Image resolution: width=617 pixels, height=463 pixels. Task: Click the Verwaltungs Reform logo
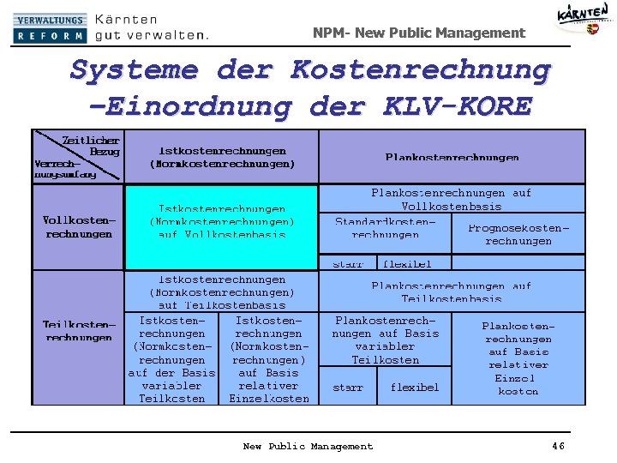pos(50,28)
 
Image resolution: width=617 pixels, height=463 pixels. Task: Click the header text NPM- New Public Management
pos(418,33)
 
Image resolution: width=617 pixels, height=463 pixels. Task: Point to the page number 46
pos(559,446)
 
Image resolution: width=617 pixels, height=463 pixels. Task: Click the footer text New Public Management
pos(308,446)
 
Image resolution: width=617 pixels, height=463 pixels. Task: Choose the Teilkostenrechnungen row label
pos(79,331)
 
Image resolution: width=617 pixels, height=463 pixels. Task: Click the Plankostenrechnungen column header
pos(452,158)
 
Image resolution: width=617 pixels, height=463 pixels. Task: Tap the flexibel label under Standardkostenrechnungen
pos(406,264)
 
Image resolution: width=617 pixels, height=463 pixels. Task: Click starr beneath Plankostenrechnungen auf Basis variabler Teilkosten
pos(348,388)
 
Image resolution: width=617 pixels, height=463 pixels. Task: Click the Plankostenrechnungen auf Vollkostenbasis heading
pos(451,200)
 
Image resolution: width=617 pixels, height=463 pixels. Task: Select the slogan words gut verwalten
pos(151,36)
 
